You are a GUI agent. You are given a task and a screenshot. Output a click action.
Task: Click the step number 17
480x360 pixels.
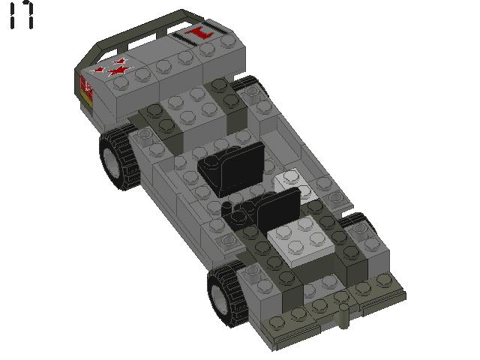(x=22, y=15)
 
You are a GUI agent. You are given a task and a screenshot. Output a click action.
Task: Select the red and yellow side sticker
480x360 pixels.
(x=86, y=89)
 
